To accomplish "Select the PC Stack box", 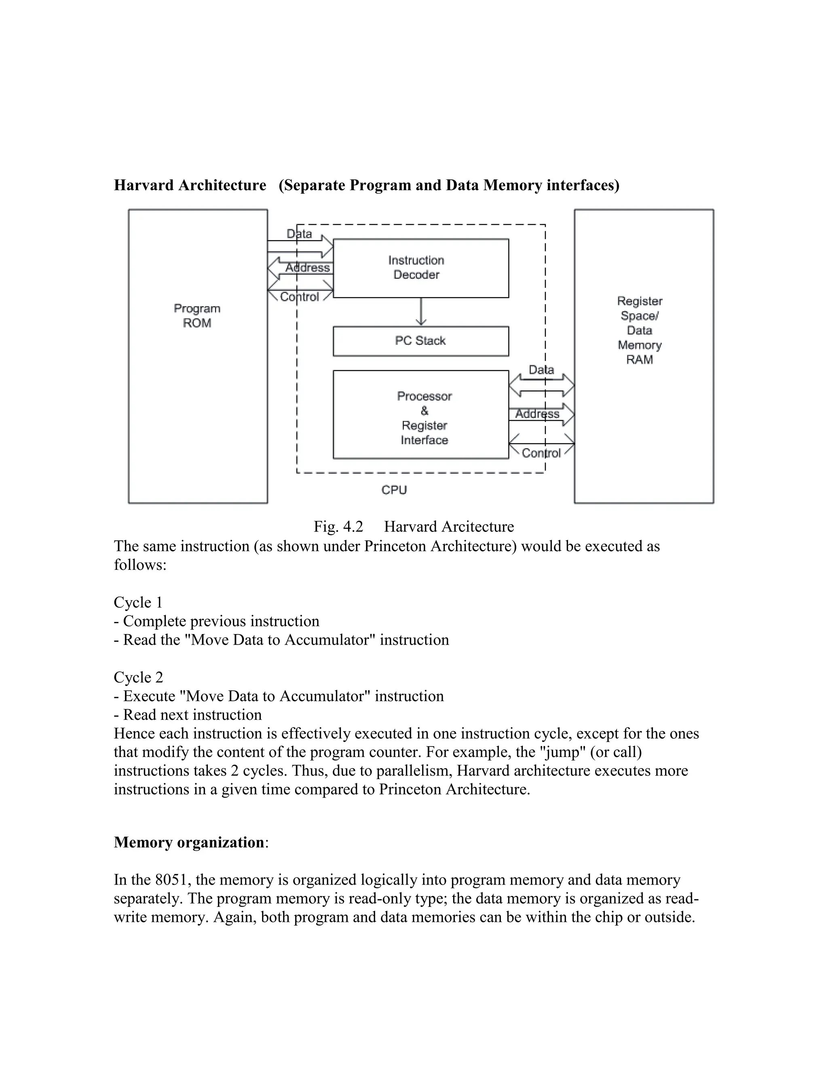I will [420, 341].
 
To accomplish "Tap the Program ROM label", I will [197, 316].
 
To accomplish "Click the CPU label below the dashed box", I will [394, 490].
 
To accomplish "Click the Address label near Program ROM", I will [308, 268].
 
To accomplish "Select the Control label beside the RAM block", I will [541, 453].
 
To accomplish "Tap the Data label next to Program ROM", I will [299, 234].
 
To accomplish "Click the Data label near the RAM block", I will [541, 370].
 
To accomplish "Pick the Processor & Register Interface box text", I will [424, 418].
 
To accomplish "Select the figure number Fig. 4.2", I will [338, 527].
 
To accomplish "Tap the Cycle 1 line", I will [138, 602].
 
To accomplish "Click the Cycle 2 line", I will [138, 677].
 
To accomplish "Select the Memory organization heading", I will [189, 842].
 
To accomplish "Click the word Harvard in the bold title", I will [143, 186].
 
